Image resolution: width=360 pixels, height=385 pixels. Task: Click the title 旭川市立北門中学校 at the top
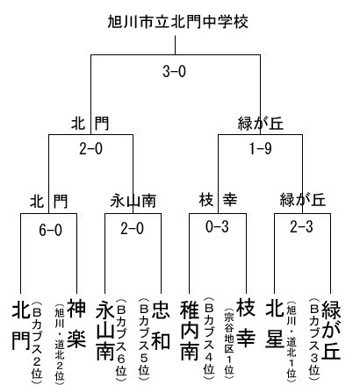coord(178,22)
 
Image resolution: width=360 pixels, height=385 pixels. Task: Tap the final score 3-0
coord(174,71)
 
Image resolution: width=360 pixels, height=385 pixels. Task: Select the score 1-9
coord(260,149)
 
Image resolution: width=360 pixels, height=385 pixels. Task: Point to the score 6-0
coord(50,231)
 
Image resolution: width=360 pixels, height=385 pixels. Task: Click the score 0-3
coord(217,226)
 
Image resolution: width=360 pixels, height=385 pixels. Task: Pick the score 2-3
coord(301,226)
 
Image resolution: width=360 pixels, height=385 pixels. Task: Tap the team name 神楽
coord(76,324)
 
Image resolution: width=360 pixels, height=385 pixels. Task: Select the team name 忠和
coord(161,324)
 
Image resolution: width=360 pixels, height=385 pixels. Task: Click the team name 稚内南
coord(190,330)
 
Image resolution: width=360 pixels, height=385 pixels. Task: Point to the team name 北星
coord(275,324)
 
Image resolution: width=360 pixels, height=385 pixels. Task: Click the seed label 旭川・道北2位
coord(60,343)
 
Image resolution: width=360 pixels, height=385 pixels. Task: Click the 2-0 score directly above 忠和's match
coord(132,228)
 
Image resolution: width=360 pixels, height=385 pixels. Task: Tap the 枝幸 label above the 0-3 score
coord(218,200)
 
